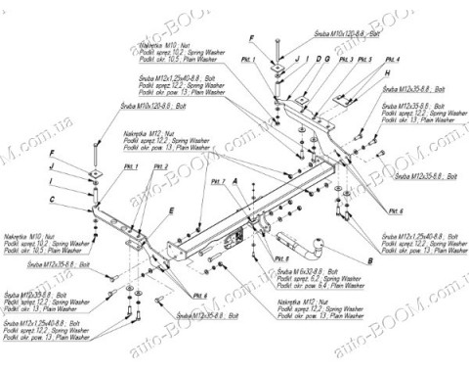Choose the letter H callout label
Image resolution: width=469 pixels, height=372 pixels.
[x=385, y=73]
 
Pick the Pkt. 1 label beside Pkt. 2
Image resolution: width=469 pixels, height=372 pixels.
[x=131, y=167]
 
